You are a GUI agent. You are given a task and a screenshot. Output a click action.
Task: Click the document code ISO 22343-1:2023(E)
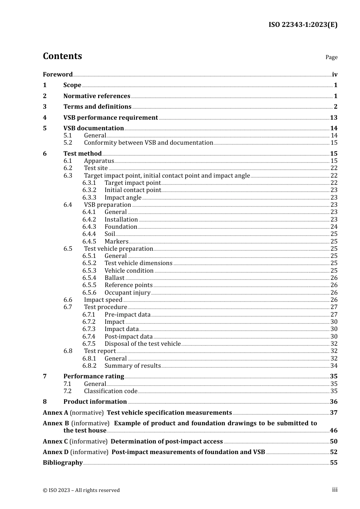[303, 25]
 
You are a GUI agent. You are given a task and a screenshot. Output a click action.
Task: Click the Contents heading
[62, 56]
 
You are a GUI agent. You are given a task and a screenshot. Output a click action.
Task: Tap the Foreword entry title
[58, 75]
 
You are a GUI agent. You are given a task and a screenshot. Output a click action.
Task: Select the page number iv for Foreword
[335, 75]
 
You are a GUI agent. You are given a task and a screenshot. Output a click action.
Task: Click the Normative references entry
[97, 96]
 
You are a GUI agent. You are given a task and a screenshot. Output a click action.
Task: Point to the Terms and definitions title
[97, 107]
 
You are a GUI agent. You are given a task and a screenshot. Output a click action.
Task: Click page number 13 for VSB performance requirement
[333, 118]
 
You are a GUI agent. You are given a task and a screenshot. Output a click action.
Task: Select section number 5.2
[68, 143]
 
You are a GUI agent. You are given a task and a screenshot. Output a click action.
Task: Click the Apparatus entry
[99, 161]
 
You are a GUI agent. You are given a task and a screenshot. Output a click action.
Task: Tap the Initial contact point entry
[133, 190]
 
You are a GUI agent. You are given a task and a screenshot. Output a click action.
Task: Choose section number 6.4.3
[89, 227]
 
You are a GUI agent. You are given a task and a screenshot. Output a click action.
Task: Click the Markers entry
[116, 242]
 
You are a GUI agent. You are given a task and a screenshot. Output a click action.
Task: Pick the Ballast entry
[114, 278]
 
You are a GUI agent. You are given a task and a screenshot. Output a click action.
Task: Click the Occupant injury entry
[127, 293]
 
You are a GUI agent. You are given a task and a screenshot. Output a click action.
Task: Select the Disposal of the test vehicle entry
[142, 344]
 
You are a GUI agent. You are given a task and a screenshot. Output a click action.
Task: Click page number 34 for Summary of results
[334, 366]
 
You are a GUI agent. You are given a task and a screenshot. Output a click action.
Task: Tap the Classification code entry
[111, 391]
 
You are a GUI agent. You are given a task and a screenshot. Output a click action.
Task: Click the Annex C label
[55, 442]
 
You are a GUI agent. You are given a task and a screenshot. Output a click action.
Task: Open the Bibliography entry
[63, 463]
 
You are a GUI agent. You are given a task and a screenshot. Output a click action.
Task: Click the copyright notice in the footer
[81, 490]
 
